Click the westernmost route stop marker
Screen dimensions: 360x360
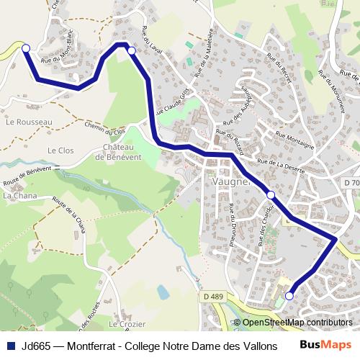click(26, 48)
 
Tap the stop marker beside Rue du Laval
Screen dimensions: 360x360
click(131, 50)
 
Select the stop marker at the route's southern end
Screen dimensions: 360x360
click(289, 295)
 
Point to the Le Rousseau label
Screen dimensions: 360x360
click(29, 122)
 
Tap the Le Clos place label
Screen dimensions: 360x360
click(61, 150)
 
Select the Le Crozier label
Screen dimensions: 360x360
click(128, 325)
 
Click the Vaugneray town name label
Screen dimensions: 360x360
click(230, 181)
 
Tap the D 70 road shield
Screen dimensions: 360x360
click(351, 184)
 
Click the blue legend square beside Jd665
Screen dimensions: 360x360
click(11, 346)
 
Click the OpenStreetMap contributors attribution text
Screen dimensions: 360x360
click(297, 323)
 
